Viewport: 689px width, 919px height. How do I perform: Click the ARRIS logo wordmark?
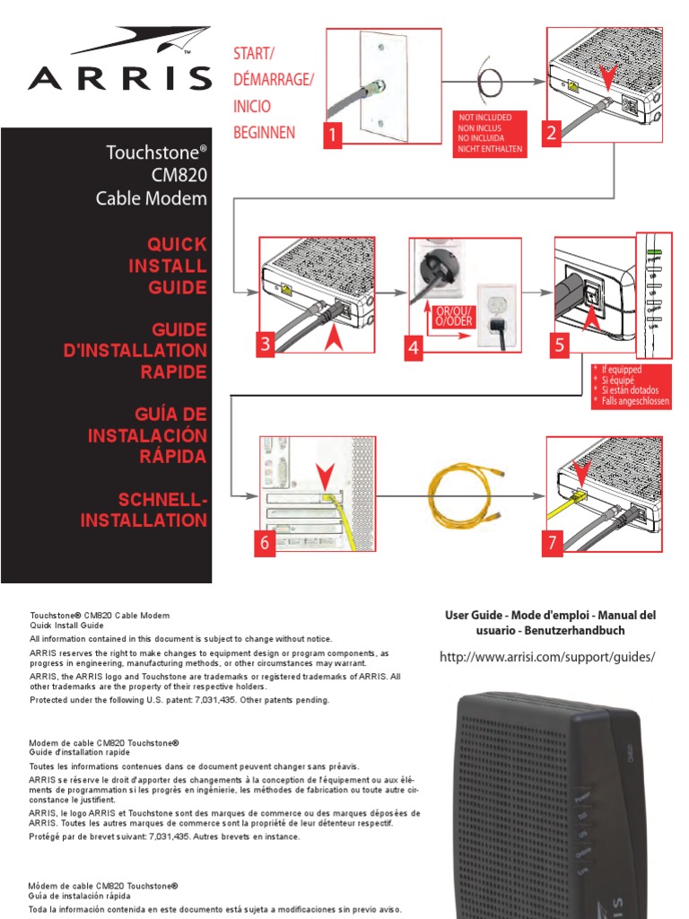119,78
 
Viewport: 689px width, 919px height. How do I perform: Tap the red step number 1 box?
334,136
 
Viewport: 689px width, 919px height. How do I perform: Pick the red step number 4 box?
414,350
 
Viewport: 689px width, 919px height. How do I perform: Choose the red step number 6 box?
265,544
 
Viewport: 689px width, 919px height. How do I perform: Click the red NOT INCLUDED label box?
490,133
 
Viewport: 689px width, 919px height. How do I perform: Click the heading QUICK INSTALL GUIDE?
177,266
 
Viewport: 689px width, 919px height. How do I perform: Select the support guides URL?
547,658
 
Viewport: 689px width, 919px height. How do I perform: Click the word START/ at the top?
255,55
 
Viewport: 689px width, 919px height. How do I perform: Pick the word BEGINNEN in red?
264,132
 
